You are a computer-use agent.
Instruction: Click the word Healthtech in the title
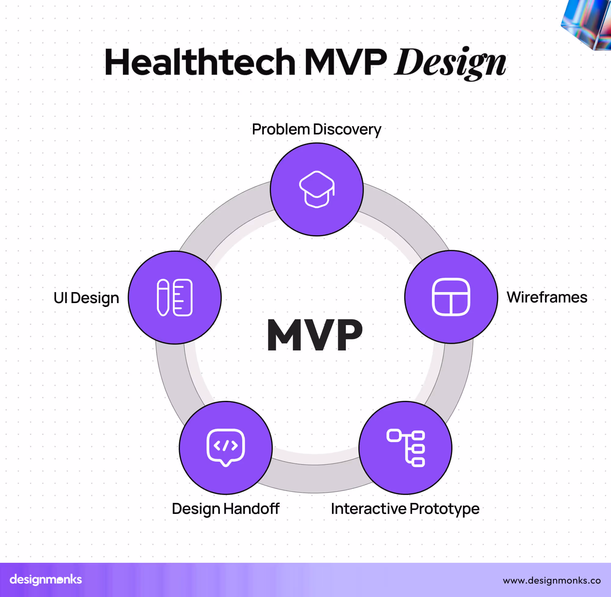(x=200, y=62)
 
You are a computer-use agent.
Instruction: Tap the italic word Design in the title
(x=450, y=62)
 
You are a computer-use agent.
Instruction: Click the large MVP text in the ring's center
(x=314, y=335)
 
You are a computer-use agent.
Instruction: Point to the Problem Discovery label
(x=316, y=130)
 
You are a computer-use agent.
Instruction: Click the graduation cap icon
(x=316, y=189)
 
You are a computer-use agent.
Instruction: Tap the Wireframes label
(x=547, y=297)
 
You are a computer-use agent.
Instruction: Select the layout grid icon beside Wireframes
(x=451, y=297)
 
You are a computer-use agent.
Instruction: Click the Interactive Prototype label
(x=405, y=509)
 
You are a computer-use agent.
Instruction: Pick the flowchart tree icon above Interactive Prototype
(x=405, y=448)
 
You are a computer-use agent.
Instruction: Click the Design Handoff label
(x=225, y=509)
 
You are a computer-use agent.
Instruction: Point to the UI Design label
(x=86, y=298)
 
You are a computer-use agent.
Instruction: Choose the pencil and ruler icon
(x=175, y=298)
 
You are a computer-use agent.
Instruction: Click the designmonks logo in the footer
(x=46, y=580)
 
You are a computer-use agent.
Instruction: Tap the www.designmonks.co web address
(x=552, y=581)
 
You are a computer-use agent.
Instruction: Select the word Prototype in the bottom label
(x=444, y=509)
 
